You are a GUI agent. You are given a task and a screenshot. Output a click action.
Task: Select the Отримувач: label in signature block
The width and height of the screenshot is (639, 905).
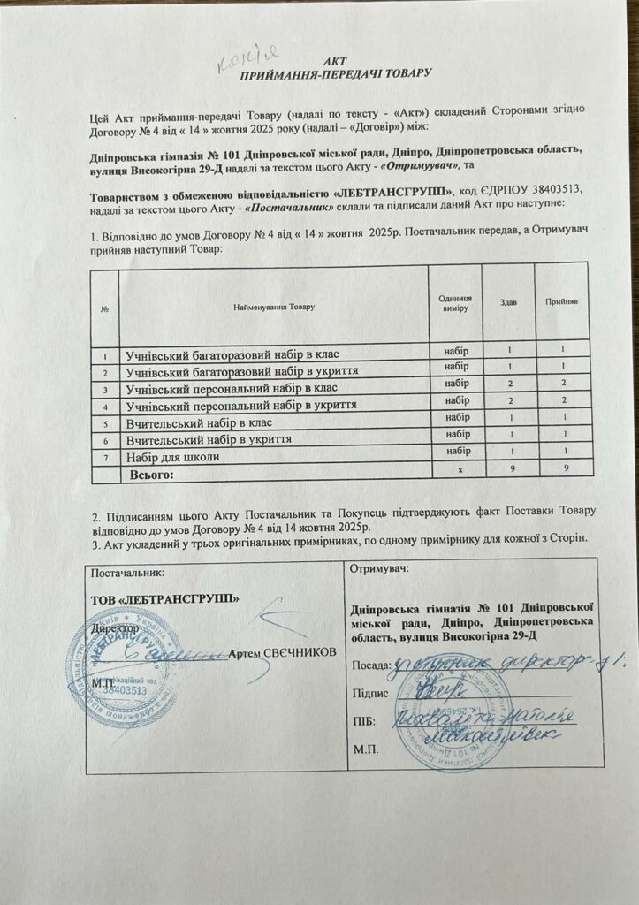click(x=380, y=569)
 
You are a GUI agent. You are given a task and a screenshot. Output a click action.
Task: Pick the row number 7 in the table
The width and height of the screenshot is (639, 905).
click(x=104, y=457)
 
